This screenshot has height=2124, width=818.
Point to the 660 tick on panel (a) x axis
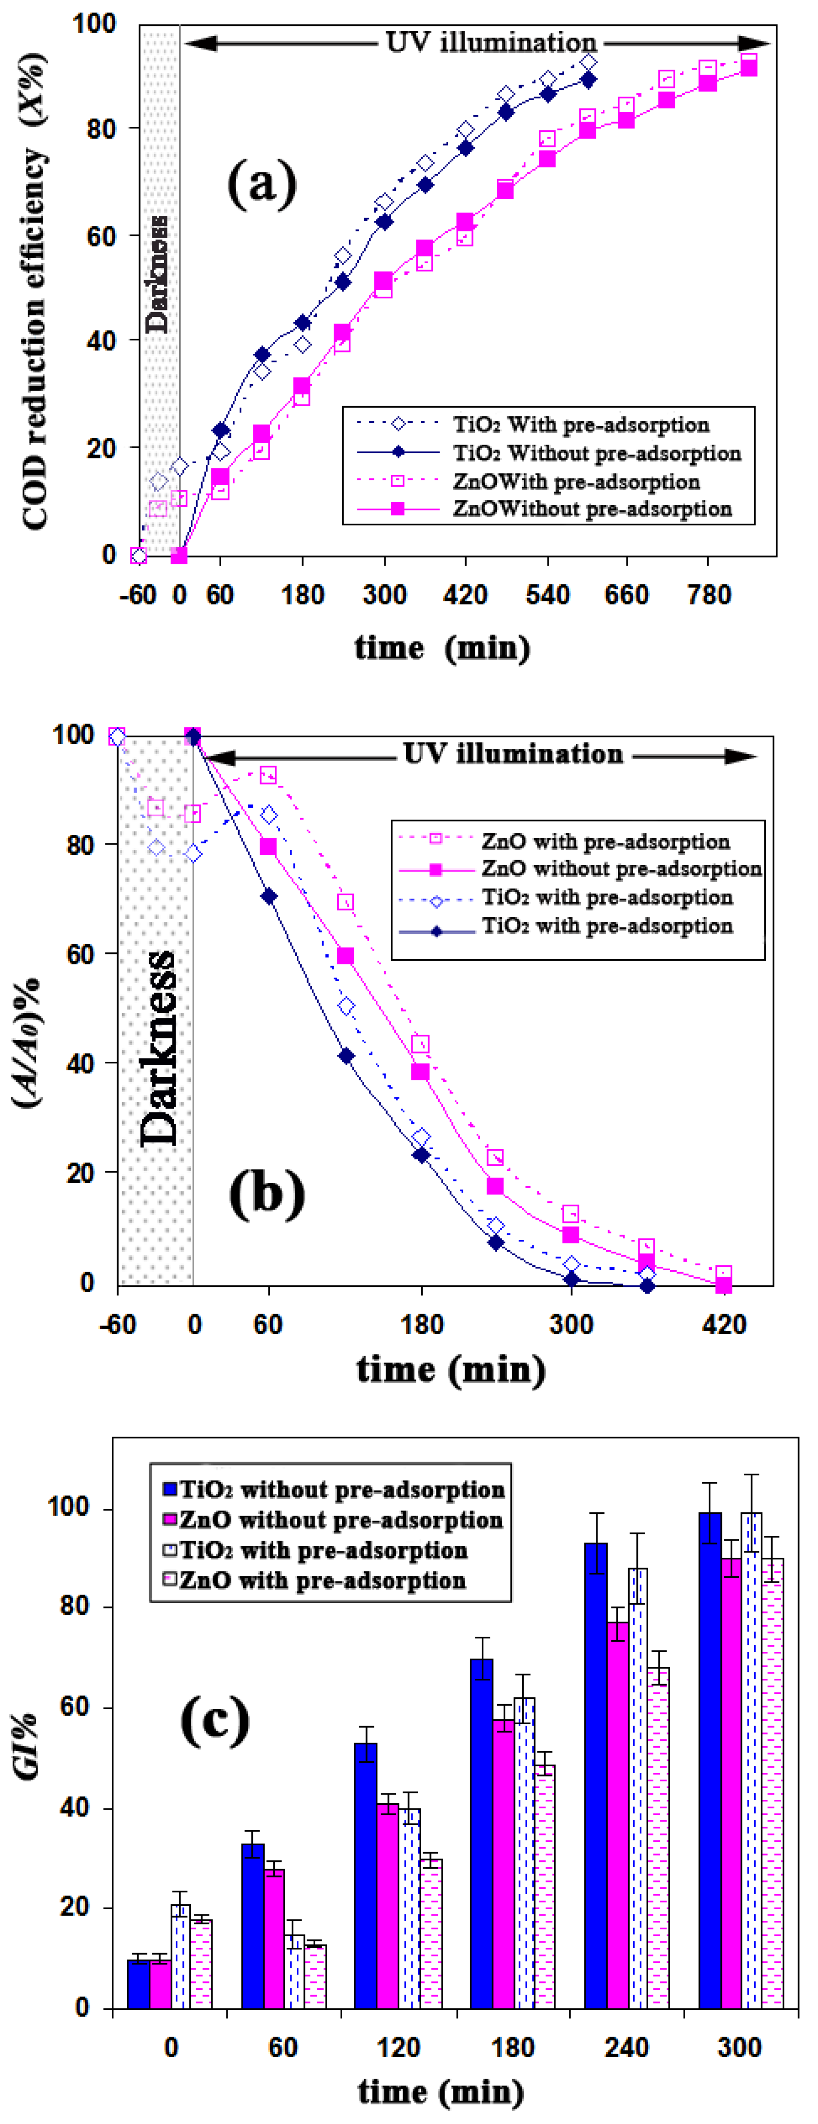627,595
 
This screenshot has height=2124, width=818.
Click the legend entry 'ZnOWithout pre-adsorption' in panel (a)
591,509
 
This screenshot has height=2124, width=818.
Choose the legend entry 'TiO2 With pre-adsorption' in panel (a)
580,425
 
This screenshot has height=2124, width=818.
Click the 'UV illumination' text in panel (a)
491,43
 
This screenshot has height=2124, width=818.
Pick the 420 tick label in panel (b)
724,1325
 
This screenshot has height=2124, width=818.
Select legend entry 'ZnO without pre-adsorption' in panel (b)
621,869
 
